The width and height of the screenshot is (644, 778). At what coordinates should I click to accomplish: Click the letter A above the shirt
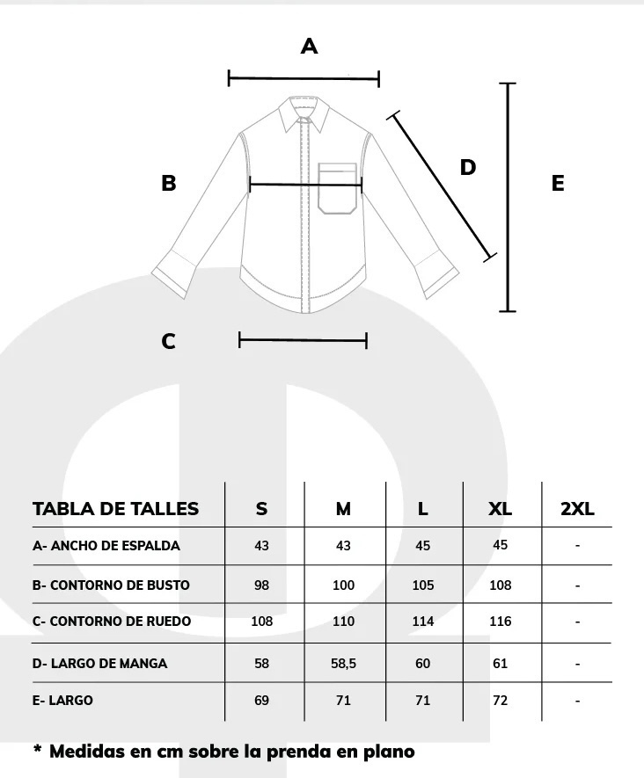[309, 46]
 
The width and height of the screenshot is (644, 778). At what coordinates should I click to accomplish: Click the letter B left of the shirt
[169, 183]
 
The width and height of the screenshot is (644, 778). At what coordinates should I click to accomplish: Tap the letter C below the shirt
[168, 341]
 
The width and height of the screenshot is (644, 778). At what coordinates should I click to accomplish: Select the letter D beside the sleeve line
[468, 167]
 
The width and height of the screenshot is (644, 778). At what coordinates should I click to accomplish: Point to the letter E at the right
[558, 183]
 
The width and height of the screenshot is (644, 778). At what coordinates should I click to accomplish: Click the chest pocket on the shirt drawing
[338, 188]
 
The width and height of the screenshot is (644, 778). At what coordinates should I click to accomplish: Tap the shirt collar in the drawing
[304, 114]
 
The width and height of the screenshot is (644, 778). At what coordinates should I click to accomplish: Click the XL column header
[500, 509]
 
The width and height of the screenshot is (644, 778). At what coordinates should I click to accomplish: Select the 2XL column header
[577, 509]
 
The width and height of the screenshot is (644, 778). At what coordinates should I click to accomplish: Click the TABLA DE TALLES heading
[116, 509]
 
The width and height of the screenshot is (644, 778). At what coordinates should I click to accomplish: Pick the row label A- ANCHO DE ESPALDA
[106, 546]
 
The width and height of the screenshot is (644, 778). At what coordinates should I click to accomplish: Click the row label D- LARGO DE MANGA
[99, 664]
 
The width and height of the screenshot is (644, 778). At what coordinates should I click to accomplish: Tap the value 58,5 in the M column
[344, 664]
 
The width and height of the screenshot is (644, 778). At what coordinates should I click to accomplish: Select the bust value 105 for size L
[423, 585]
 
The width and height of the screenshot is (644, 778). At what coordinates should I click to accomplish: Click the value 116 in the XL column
[500, 622]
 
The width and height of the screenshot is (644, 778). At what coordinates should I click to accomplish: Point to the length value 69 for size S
[261, 701]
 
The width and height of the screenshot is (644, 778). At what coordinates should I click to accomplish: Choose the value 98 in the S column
[261, 585]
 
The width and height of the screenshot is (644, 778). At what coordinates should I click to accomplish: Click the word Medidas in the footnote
[87, 752]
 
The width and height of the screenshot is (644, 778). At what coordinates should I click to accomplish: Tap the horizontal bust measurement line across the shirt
[306, 185]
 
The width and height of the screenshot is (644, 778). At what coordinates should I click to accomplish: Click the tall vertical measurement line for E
[508, 198]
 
